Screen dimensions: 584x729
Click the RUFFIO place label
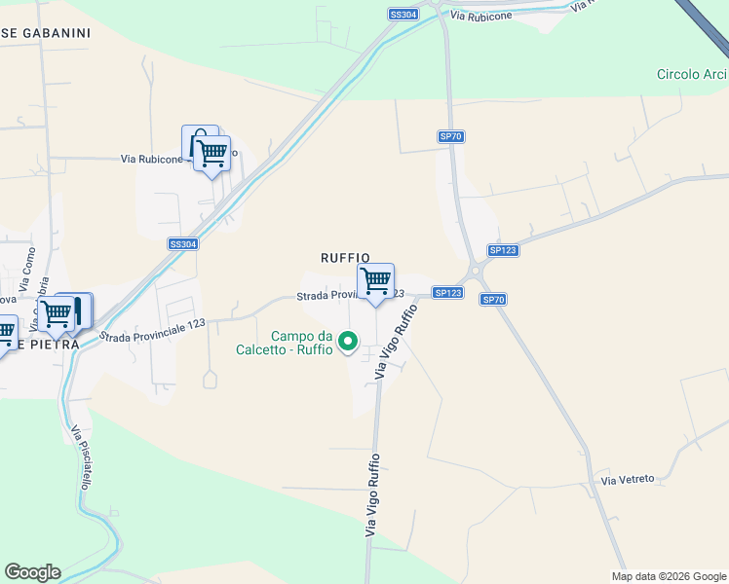tap(345, 257)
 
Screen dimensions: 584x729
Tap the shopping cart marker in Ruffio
tap(375, 281)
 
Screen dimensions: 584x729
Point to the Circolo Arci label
tap(692, 74)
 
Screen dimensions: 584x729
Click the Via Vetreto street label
tap(628, 480)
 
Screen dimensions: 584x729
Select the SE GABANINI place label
tap(46, 33)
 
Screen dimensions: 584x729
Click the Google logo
tap(32, 572)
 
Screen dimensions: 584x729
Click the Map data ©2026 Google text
tap(668, 576)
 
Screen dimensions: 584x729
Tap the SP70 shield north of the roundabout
tap(450, 137)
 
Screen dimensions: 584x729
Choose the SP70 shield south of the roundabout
tap(493, 300)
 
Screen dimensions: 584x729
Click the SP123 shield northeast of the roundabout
tap(503, 250)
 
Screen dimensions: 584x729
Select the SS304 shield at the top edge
tap(403, 15)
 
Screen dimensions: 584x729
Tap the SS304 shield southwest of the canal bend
tap(183, 244)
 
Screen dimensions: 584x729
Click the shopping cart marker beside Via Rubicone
tap(211, 152)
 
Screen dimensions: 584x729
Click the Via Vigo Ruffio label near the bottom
tap(371, 495)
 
